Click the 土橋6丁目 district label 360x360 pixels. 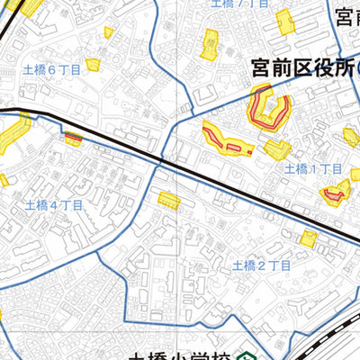pos(51,68)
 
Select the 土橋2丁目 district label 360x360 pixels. pos(261,265)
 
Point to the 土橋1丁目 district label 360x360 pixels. pos(312,168)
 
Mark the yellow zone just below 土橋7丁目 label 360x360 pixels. pos(211,42)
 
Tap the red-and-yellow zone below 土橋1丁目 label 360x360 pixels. pos(337,192)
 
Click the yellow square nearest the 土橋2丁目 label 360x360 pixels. pos(309,238)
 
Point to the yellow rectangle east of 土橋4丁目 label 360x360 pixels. pos(167,200)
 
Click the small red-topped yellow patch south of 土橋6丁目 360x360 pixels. pos(73,138)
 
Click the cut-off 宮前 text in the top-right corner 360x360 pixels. pos(346,17)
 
